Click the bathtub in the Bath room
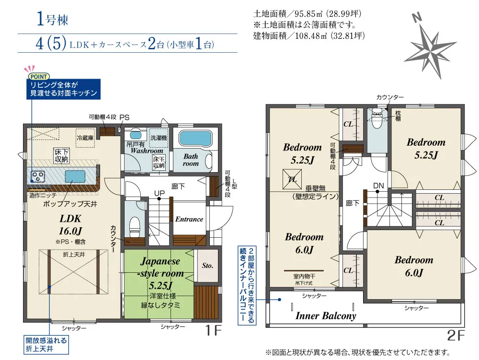(195, 139)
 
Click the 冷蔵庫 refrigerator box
(85, 138)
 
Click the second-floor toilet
(377, 119)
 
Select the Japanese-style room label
(160, 273)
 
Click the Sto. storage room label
(207, 266)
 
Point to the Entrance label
(189, 219)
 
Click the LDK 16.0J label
(70, 225)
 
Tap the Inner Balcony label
(326, 316)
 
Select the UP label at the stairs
(159, 193)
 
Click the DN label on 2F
(378, 186)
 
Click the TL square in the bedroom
(292, 179)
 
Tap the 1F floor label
(213, 330)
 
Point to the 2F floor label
(456, 336)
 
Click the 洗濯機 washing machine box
(159, 138)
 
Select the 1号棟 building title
(52, 19)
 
